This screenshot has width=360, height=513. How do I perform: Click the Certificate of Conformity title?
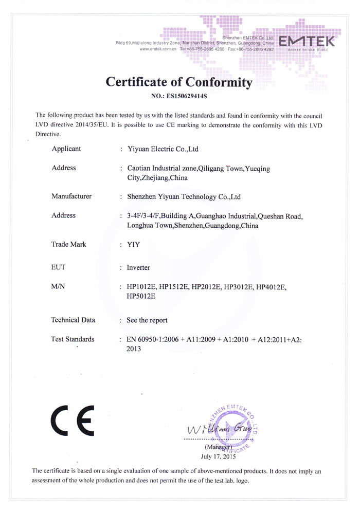(179, 82)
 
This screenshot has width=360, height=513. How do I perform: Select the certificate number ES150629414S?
(188, 96)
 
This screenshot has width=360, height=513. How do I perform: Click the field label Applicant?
(66, 149)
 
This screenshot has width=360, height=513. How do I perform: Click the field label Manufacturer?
(71, 196)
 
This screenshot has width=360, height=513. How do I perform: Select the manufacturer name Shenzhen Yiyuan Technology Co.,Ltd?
(184, 196)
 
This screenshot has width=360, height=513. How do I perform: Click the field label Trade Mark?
(69, 244)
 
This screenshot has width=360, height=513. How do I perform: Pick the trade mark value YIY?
(133, 245)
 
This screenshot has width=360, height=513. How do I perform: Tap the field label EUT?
(59, 267)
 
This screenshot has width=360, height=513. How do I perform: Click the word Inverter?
(138, 268)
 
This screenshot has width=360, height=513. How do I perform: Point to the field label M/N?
(58, 286)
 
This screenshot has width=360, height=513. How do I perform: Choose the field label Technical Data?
(73, 320)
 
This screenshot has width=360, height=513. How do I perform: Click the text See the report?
(147, 320)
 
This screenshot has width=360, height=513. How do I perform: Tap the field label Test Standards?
(73, 339)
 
